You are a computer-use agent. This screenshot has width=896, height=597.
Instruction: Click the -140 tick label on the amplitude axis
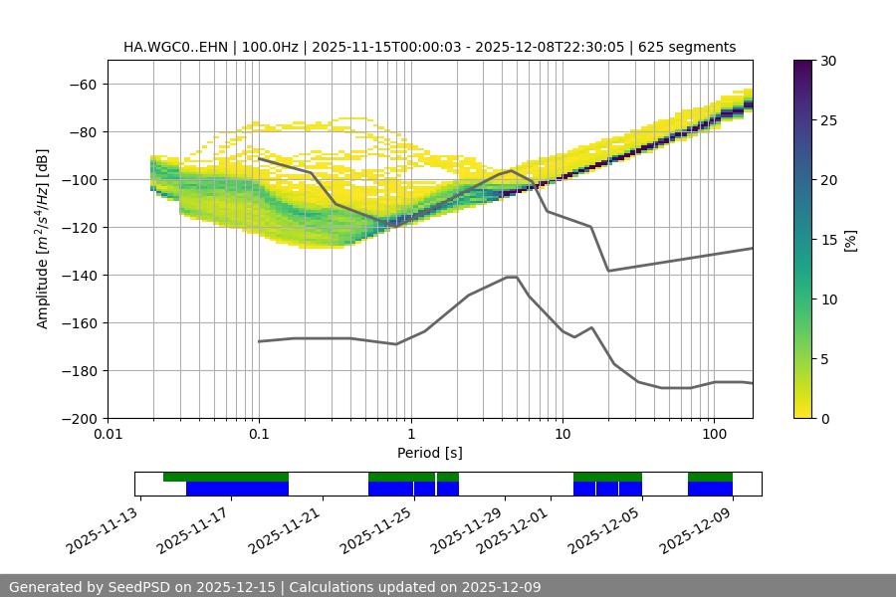pyautogui.click(x=79, y=275)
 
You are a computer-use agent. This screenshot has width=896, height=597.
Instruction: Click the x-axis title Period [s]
pyautogui.click(x=429, y=453)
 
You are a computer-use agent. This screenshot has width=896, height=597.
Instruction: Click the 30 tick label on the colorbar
pyautogui.click(x=828, y=61)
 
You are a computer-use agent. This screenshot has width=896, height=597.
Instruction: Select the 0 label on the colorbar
pyautogui.click(x=825, y=418)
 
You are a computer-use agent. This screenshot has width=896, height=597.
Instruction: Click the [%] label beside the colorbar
pyautogui.click(x=850, y=240)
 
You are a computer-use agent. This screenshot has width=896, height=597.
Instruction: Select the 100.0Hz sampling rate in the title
pyautogui.click(x=269, y=47)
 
